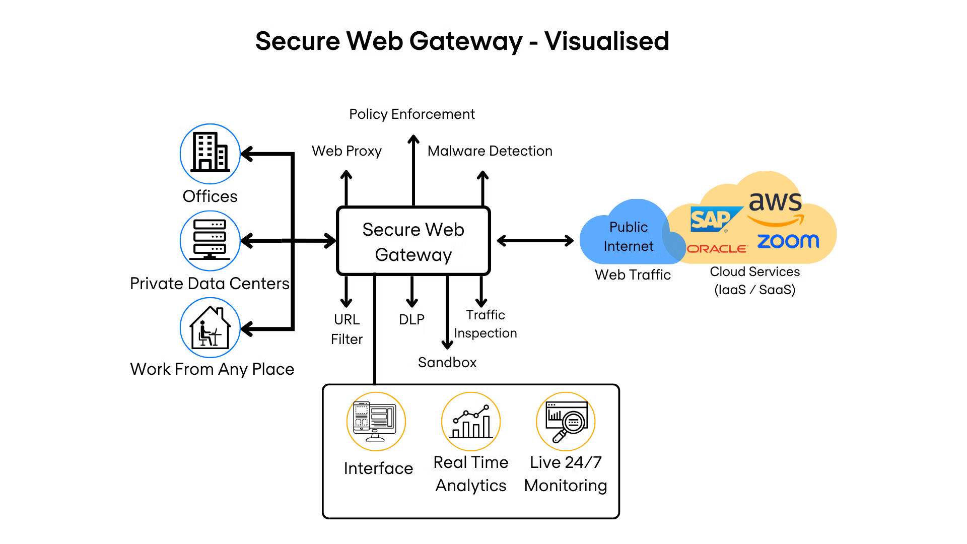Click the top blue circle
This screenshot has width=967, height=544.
click(x=210, y=154)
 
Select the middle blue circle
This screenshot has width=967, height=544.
click(x=210, y=241)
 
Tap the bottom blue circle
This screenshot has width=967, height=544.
click(x=210, y=327)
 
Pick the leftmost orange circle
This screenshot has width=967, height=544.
click(x=376, y=421)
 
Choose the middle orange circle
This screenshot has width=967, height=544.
click(x=470, y=421)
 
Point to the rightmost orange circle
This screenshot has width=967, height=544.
click(x=566, y=421)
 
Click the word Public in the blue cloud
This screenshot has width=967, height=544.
click(x=628, y=227)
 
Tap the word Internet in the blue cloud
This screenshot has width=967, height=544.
click(x=628, y=246)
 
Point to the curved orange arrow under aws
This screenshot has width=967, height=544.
click(x=776, y=221)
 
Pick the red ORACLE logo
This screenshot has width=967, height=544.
click(x=717, y=249)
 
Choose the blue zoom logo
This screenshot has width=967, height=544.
click(x=788, y=241)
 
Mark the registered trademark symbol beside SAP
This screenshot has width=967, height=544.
click(x=726, y=231)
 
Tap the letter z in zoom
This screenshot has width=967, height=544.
click(x=764, y=242)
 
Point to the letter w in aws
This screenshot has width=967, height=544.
click(x=776, y=202)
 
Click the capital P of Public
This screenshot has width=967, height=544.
click(x=613, y=227)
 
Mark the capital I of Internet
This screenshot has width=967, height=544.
click(x=605, y=246)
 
